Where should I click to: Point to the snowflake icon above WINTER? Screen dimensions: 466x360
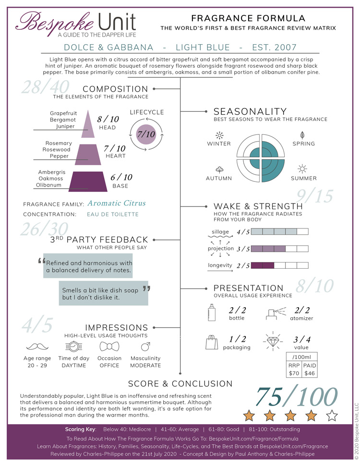click(x=219, y=135)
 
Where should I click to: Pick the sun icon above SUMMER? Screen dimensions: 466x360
click(x=302, y=168)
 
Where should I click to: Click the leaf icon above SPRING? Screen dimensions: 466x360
click(x=302, y=135)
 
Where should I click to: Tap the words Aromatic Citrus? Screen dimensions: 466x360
click(x=117, y=203)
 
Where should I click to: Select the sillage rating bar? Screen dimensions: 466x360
click(x=279, y=232)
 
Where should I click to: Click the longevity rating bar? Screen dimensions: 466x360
click(x=279, y=265)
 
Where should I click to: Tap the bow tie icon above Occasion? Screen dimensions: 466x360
click(x=109, y=346)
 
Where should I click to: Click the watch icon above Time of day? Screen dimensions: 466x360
click(x=74, y=346)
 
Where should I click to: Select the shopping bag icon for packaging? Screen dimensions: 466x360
click(x=210, y=342)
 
